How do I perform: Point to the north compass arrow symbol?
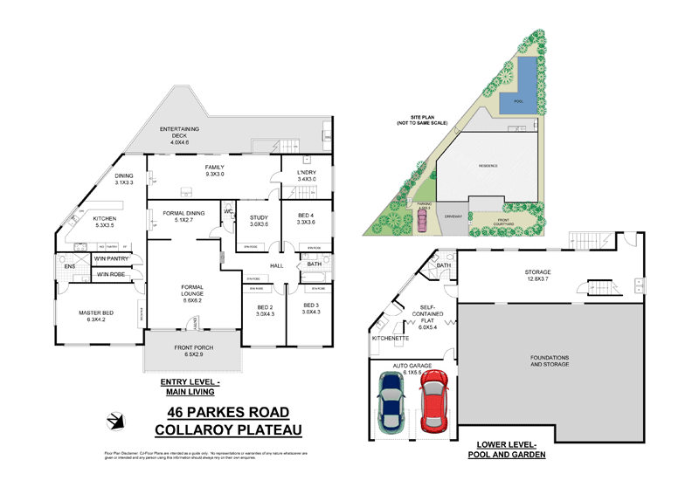pos(114,421)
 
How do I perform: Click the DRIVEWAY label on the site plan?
pos(453,215)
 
